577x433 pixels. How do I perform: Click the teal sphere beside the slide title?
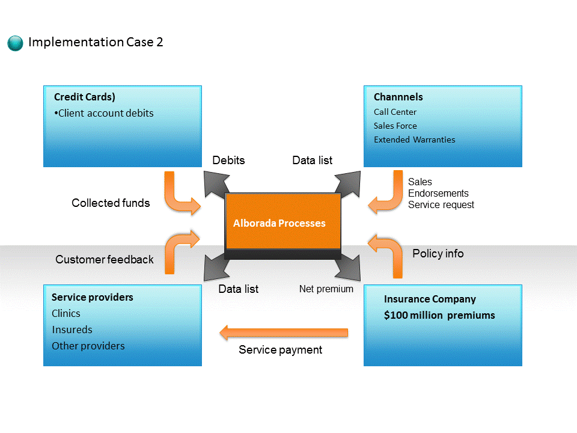15,43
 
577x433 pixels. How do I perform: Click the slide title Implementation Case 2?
96,42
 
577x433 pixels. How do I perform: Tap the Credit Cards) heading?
85,97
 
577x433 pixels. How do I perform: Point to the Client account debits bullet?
104,113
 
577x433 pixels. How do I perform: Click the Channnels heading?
398,97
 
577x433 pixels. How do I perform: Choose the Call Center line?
395,112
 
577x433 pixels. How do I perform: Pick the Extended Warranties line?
414,140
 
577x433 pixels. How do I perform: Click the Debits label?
228,160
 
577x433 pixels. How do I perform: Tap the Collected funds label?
111,203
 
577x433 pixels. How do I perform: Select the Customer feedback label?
105,259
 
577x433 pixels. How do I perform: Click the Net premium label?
326,289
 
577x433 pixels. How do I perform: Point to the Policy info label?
438,253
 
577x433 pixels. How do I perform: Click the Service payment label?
281,349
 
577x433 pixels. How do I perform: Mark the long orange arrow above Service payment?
284,333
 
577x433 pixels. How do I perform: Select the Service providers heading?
93,297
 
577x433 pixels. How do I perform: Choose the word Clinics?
66,313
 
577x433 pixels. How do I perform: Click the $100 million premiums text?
439,315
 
